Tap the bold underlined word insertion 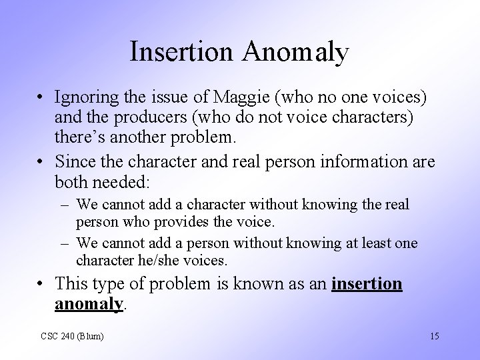click(x=367, y=284)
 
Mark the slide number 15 click(x=434, y=335)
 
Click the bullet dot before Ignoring click(x=41, y=97)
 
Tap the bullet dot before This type click(x=41, y=284)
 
